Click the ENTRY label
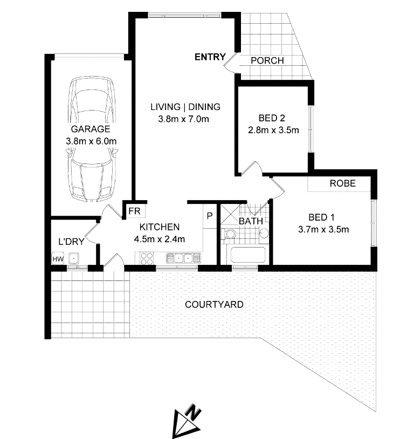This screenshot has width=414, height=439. click(210, 57)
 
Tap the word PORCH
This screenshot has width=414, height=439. click(267, 60)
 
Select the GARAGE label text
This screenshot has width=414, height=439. click(91, 129)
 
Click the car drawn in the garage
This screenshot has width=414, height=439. click(92, 139)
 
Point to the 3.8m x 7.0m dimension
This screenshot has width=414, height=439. click(184, 119)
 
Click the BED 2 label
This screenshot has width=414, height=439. click(272, 118)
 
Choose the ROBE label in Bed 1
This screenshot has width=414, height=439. click(343, 183)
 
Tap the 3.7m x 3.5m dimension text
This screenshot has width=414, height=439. click(323, 230)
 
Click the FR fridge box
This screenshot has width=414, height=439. click(134, 210)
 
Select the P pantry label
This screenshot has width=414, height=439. click(209, 216)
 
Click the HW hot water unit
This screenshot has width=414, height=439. click(58, 259)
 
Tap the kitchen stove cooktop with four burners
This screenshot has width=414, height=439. click(147, 258)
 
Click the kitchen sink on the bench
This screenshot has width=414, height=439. click(183, 258)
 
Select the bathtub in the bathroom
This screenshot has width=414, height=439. click(247, 255)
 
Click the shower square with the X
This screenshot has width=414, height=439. click(230, 214)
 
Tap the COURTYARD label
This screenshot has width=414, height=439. click(214, 305)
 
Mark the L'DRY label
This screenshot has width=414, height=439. click(71, 242)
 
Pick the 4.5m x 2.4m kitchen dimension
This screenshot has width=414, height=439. click(159, 239)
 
